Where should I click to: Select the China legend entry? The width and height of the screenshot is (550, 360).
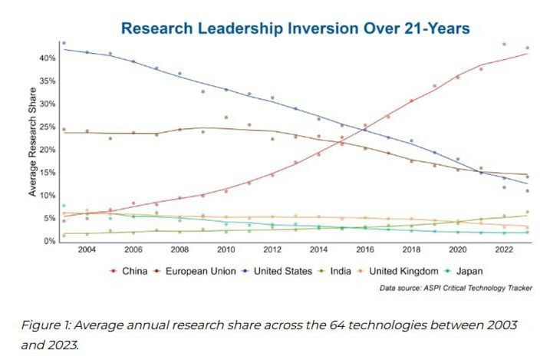(x=129, y=271)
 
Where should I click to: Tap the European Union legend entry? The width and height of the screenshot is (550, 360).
(x=196, y=271)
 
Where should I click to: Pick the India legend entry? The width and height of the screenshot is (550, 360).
(x=335, y=271)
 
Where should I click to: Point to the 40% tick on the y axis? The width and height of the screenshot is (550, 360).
(x=48, y=58)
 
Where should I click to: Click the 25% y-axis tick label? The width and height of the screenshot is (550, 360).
(x=48, y=127)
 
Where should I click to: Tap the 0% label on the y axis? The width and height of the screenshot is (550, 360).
(x=49, y=241)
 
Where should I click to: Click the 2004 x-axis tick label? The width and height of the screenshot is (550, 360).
(x=87, y=249)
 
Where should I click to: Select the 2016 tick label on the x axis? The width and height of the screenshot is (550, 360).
(x=365, y=249)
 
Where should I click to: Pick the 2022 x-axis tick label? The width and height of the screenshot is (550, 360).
(x=504, y=249)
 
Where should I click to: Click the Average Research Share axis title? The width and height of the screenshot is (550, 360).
(x=33, y=142)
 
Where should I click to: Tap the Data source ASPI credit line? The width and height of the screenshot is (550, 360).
(x=456, y=288)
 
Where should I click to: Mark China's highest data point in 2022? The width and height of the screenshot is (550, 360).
(x=504, y=45)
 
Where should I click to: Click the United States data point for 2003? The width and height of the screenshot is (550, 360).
(x=64, y=43)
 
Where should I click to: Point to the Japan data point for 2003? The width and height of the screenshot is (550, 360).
(x=64, y=206)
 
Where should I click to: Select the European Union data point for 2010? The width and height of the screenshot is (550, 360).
(x=226, y=117)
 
